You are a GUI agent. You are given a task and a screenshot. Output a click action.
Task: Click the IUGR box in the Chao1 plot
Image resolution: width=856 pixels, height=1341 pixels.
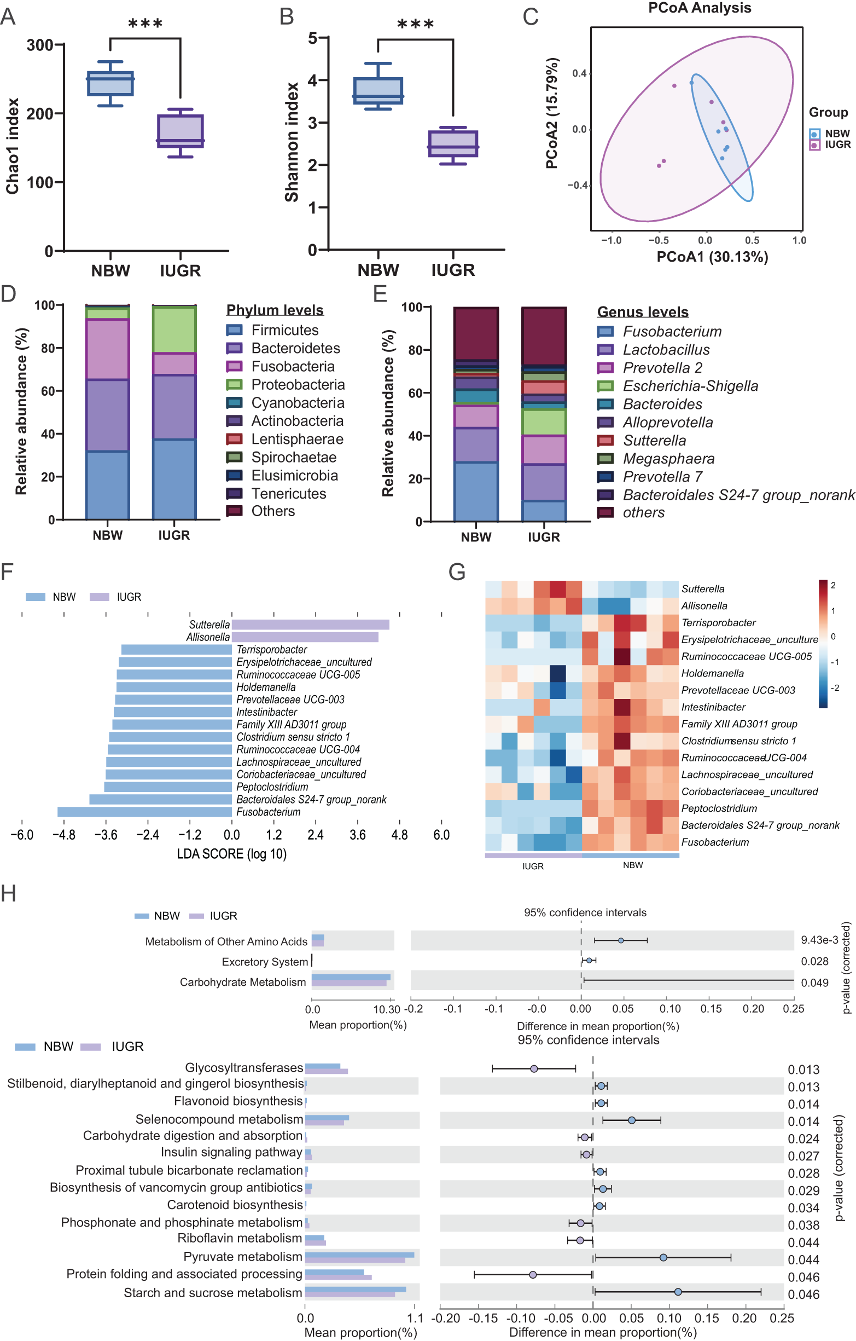coord(180,131)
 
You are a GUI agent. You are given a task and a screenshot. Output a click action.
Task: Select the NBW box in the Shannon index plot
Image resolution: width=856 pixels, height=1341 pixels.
coord(378,90)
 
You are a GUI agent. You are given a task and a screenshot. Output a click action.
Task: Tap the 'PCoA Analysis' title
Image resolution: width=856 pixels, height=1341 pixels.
coord(699,8)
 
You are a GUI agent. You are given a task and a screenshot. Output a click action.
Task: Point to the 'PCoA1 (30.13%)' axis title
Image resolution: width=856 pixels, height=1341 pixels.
coord(712,257)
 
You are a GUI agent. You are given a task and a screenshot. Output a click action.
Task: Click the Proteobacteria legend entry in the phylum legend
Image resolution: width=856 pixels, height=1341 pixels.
coord(298,385)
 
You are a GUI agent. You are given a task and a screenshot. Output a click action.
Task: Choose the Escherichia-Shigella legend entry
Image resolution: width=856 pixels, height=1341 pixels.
coord(690,386)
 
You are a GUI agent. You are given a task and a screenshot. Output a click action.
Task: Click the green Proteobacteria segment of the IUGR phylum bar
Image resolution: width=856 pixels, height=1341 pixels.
coord(174,329)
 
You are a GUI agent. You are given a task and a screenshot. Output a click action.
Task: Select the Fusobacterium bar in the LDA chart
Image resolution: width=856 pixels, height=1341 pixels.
coord(145,812)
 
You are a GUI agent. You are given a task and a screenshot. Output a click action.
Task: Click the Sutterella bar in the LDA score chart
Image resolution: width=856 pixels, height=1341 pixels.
coord(311,625)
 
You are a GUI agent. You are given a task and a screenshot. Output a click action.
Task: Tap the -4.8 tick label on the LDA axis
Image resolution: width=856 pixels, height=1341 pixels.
coord(64,835)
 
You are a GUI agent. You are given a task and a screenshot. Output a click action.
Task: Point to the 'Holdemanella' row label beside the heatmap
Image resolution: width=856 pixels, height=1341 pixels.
coord(712,673)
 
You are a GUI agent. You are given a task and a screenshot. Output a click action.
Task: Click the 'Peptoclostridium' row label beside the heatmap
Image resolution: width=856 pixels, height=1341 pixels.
coord(719,808)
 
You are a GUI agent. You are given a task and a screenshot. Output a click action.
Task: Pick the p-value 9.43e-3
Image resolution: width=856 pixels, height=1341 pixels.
coord(819,940)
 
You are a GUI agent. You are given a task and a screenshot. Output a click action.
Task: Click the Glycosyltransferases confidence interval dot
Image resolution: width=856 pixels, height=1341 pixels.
coord(534,1068)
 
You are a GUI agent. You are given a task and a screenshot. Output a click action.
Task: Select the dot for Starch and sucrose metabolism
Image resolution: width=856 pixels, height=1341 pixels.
coord(677,1291)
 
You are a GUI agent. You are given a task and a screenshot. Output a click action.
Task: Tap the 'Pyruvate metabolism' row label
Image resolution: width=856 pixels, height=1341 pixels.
coord(243,1257)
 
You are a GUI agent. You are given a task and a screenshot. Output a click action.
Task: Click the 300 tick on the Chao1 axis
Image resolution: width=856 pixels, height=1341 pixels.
coord(40,45)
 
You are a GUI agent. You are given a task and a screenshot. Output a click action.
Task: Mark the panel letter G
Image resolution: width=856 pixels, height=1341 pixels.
coord(456,572)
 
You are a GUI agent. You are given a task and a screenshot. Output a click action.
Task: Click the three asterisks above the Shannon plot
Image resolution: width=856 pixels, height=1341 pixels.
coord(415,24)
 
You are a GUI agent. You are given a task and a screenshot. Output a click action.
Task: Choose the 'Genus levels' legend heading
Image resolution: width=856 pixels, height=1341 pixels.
coord(642,312)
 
